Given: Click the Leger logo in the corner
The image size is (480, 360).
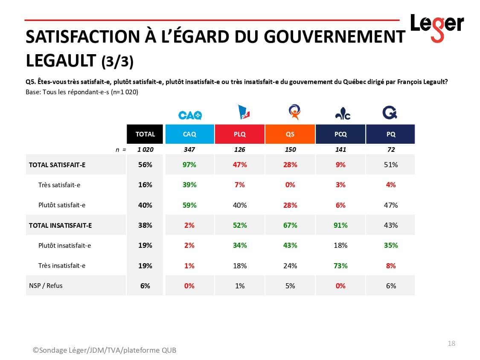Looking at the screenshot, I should [436, 26].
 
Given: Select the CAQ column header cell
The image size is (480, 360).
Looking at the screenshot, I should [189, 134].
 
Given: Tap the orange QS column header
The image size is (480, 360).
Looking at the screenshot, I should [290, 134].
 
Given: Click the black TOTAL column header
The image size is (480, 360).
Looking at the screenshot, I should [145, 134].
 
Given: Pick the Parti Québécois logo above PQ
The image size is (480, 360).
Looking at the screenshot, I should [390, 113].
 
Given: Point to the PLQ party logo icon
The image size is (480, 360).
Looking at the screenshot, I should [243, 113].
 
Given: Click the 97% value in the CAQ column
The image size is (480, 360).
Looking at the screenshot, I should [189, 165].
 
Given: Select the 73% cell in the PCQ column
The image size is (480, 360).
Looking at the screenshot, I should [340, 266].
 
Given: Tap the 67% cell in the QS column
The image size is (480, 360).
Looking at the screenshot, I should [290, 225].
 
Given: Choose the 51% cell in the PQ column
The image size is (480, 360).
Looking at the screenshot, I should [391, 165].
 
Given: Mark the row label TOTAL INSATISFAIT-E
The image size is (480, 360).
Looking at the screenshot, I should [60, 225].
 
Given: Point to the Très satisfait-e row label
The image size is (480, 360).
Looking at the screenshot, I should [59, 185].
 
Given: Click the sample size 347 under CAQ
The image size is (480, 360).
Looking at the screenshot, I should [189, 150].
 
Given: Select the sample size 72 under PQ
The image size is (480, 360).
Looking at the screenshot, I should [391, 150].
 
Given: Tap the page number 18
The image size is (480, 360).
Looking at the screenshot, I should [451, 343].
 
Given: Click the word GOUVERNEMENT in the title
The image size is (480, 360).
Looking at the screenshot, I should [334, 37].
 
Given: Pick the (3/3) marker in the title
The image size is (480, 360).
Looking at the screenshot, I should [117, 62].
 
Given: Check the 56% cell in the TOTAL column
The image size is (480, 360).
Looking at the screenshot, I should [145, 165].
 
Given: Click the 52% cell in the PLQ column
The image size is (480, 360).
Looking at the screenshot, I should [240, 225].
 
